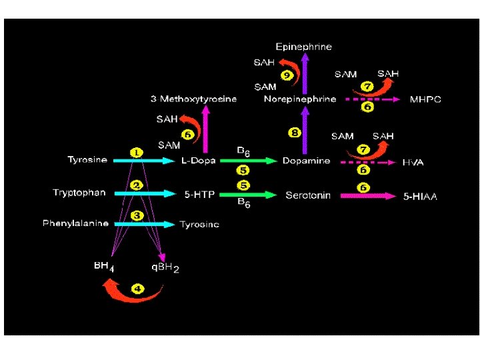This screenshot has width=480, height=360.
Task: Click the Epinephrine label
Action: [x=303, y=47]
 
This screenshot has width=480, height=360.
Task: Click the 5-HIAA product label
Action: [x=421, y=197]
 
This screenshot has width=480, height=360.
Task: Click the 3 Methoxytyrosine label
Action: [x=193, y=99]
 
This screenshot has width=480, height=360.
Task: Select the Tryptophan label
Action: [x=79, y=193]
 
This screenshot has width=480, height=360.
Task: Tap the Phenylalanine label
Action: [x=75, y=223]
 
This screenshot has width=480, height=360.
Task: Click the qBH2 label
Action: [x=165, y=267]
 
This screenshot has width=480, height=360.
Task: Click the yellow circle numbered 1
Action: [x=136, y=153]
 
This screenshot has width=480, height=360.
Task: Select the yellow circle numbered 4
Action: [x=137, y=289]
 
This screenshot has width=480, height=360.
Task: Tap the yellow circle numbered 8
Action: [x=295, y=133]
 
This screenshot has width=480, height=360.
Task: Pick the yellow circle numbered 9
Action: [x=286, y=75]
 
